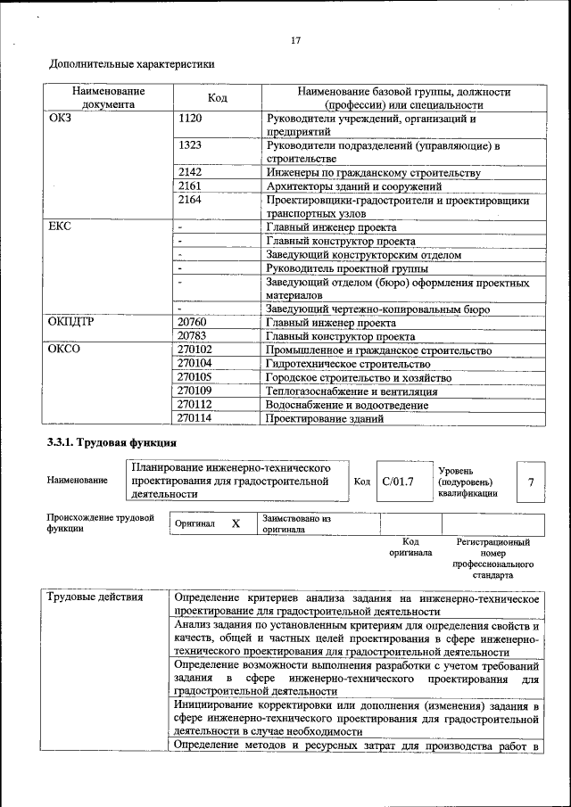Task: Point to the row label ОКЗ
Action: [59, 118]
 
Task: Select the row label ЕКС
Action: [59, 226]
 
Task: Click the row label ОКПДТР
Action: [70, 322]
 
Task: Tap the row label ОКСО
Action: [63, 350]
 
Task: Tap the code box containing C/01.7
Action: [398, 482]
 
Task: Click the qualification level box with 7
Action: [531, 482]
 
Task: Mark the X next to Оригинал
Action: [236, 523]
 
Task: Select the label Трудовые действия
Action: [95, 597]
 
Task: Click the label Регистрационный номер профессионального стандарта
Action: [492, 558]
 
